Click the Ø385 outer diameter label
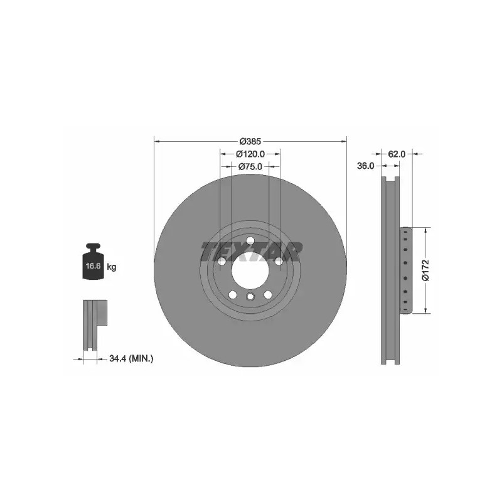(x=250, y=141)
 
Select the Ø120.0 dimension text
(x=250, y=154)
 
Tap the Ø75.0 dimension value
(x=250, y=166)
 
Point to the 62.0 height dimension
(x=397, y=154)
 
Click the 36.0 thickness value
(x=366, y=166)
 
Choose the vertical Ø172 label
(x=425, y=270)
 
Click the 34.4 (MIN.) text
(x=131, y=358)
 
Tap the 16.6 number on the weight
(x=93, y=265)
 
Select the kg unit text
(x=112, y=266)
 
